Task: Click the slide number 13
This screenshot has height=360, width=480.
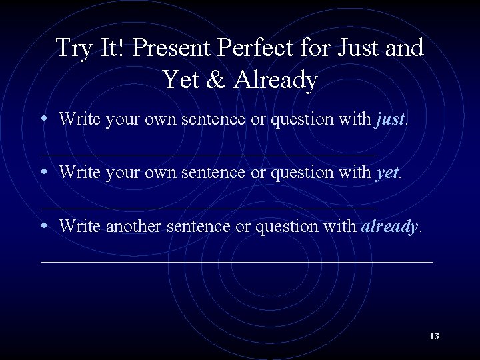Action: [x=434, y=336]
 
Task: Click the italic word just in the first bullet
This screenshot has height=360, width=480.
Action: [x=390, y=119]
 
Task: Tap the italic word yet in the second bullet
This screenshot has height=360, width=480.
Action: [x=387, y=173]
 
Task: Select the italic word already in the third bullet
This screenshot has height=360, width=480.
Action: [x=389, y=227]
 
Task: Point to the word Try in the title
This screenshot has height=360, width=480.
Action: [x=73, y=48]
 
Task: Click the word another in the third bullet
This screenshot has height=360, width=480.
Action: [x=131, y=227]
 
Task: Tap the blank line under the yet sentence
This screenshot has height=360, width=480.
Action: [x=209, y=208]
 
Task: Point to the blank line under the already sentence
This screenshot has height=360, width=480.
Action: [x=237, y=261]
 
